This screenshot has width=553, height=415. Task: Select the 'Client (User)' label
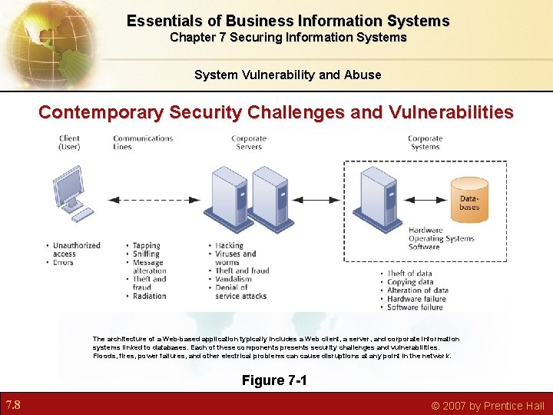69,143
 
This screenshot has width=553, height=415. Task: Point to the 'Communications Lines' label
143,143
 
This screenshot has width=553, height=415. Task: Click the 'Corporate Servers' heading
249,143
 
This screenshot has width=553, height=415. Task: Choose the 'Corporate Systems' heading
425,143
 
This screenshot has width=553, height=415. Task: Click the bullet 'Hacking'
230,246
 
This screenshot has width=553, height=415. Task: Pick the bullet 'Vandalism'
234,279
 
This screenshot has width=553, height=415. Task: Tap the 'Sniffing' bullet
146,254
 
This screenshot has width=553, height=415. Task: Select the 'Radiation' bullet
149,296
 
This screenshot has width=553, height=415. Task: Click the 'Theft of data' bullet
409,274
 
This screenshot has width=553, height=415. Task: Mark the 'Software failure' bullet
415,307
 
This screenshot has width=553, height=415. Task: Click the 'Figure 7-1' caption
274,380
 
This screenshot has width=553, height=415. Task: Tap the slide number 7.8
13,405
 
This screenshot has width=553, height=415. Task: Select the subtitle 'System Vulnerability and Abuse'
287,75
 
